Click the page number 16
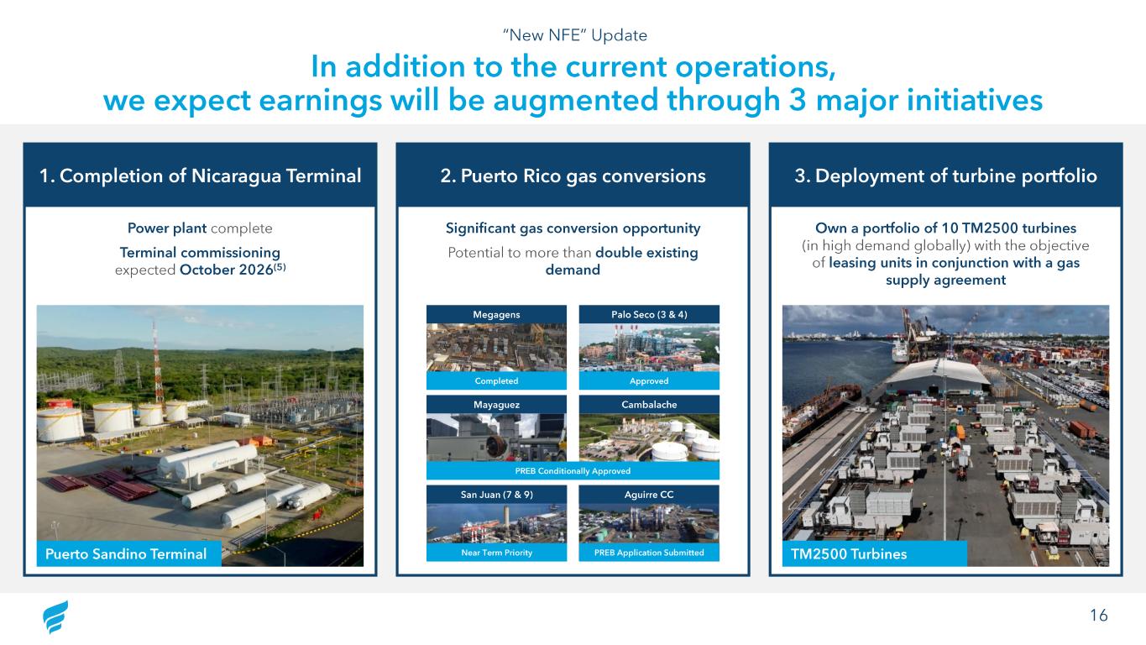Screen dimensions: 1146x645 [1098, 615]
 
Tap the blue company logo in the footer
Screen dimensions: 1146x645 [55, 616]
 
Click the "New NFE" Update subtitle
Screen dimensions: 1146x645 [574, 35]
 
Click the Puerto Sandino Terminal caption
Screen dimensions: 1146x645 [126, 553]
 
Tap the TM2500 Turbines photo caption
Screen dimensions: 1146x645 [849, 553]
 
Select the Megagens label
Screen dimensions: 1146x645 [496, 314]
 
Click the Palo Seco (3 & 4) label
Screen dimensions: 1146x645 [649, 314]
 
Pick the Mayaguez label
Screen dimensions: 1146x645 [496, 405]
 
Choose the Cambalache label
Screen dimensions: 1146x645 [649, 405]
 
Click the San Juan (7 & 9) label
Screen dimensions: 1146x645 [496, 495]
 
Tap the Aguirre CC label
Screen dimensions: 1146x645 [649, 495]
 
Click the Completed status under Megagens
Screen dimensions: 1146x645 [496, 380]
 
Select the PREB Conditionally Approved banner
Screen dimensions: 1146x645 [573, 470]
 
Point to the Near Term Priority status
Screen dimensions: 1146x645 [496, 553]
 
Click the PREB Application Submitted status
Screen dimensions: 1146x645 [649, 553]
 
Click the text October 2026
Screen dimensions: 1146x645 [226, 270]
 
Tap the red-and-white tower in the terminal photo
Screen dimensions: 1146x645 [157, 364]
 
